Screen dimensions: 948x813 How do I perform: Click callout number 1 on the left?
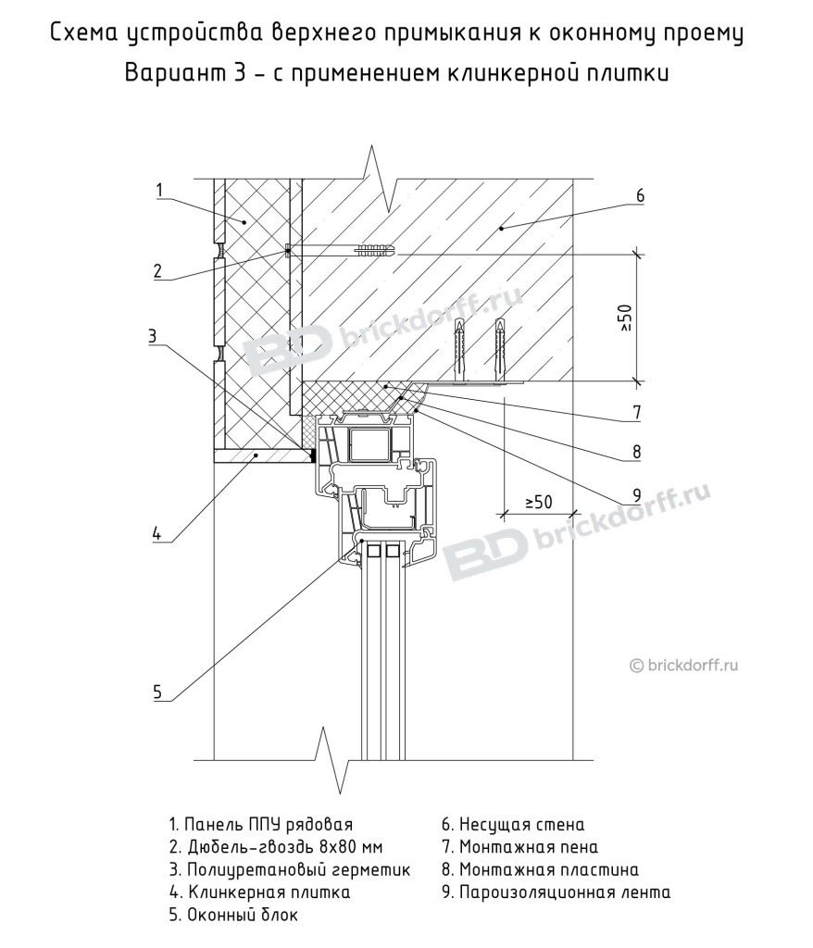click(x=159, y=191)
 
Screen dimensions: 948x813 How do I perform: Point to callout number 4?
click(x=156, y=532)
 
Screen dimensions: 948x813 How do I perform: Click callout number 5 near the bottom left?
click(x=157, y=691)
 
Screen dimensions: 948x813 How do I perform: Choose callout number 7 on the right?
click(x=637, y=410)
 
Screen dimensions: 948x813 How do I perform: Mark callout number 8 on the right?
click(x=637, y=452)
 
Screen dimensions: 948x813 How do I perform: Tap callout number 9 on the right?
click(x=637, y=493)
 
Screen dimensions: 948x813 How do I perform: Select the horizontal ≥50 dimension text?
click(x=538, y=502)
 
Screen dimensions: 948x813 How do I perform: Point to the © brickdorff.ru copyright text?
click(x=689, y=663)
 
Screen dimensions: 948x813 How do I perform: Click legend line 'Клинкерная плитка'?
click(x=259, y=892)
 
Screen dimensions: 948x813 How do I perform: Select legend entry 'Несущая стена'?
click(x=513, y=824)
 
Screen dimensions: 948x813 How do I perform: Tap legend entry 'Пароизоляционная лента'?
click(x=556, y=892)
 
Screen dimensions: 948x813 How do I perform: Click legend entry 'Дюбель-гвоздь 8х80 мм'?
click(x=275, y=846)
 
